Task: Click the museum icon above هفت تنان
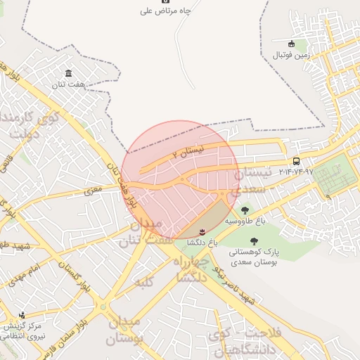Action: [68, 74]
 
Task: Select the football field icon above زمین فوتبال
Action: [292, 44]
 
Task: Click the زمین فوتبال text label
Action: [291, 54]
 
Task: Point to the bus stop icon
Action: [297, 161]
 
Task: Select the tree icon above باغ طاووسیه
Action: [245, 210]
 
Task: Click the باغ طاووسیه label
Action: [245, 220]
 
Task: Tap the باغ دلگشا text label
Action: [202, 242]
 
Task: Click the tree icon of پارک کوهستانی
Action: [254, 241]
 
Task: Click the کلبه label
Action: [144, 282]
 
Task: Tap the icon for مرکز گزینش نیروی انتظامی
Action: [22, 315]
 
